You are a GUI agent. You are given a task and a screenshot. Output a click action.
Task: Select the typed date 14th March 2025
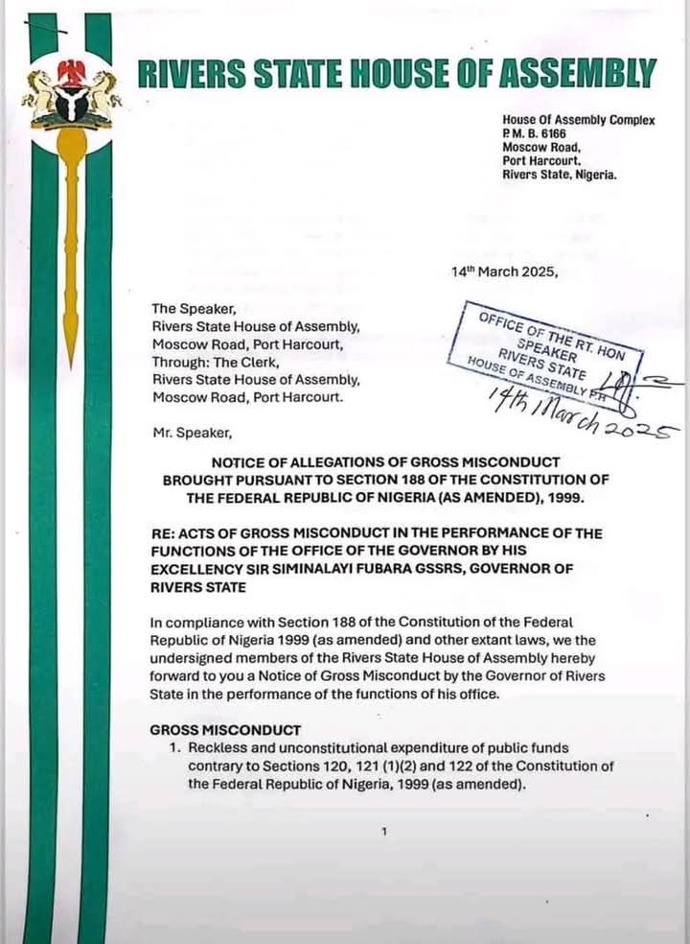[x=504, y=271]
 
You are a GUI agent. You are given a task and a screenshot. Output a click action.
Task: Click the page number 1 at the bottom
[x=383, y=832]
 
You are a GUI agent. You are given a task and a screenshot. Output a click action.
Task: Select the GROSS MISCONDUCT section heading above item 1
[x=225, y=730]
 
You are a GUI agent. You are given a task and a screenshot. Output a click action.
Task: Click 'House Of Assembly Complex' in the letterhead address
[x=578, y=121]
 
